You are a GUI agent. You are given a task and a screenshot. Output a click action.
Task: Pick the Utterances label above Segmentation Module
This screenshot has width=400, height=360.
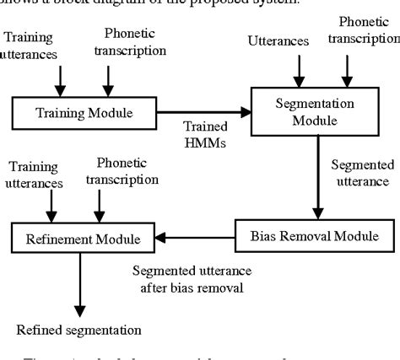[x=277, y=40]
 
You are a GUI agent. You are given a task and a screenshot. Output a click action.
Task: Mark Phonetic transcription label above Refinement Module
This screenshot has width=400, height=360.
[x=127, y=171]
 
